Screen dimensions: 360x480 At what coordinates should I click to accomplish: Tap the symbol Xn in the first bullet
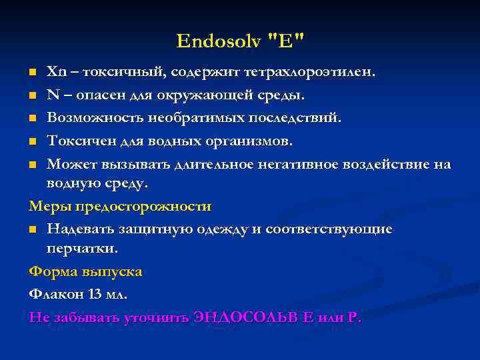[55, 71]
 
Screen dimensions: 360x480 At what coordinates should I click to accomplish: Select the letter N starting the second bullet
[52, 95]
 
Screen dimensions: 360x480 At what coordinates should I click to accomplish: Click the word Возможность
[93, 119]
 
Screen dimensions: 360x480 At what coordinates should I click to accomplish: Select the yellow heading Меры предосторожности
[120, 207]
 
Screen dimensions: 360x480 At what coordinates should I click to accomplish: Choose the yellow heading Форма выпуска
[85, 272]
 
